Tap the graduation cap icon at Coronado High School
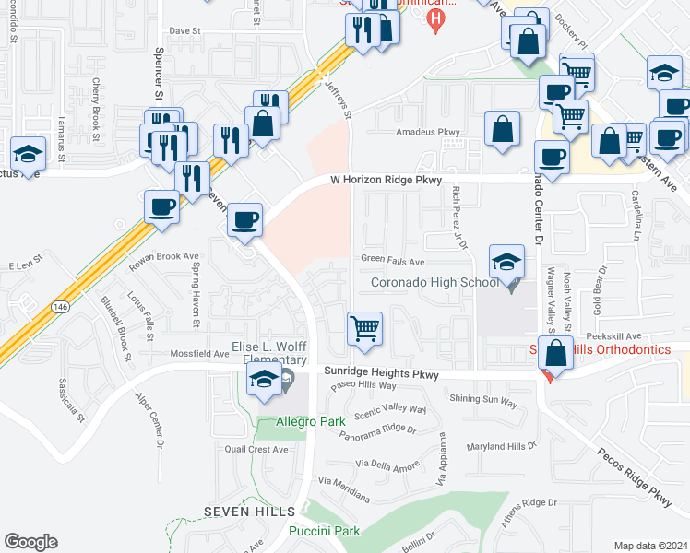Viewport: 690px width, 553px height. click(506, 263)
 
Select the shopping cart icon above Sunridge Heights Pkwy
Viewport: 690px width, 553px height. click(365, 328)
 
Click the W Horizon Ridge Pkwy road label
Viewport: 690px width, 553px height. click(387, 180)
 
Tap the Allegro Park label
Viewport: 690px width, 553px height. click(303, 422)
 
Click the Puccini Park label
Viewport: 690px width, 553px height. click(323, 531)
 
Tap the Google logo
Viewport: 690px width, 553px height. click(30, 542)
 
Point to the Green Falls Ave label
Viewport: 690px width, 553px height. click(392, 261)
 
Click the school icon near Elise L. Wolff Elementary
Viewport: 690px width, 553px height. click(264, 379)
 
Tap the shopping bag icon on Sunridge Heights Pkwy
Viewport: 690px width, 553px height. click(557, 354)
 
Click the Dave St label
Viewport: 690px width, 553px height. click(184, 30)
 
